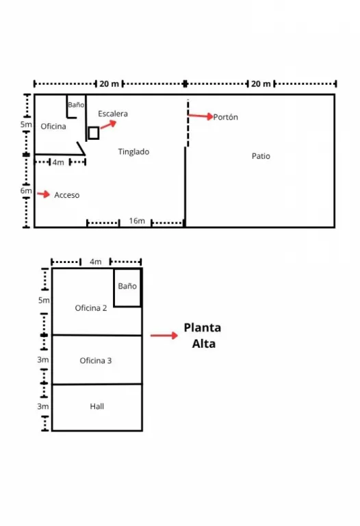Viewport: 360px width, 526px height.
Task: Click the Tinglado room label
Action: (133, 152)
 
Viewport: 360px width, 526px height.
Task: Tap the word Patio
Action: (261, 156)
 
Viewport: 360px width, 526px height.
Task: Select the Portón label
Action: (226, 117)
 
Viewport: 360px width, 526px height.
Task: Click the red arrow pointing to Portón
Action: (201, 116)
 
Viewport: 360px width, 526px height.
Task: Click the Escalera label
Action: (113, 114)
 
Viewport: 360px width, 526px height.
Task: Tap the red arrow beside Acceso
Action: (43, 194)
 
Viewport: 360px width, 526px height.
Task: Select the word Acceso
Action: (66, 195)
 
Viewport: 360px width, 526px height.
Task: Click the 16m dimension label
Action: (137, 221)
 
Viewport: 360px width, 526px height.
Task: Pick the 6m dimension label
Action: (26, 190)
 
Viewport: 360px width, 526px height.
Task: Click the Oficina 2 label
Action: (91, 308)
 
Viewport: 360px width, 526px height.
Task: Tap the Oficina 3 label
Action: (96, 361)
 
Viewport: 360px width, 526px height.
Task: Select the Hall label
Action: (97, 406)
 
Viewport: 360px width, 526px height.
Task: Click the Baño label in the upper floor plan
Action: (127, 286)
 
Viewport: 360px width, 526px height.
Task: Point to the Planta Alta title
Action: (203, 336)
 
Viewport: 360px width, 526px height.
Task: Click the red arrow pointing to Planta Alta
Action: (164, 336)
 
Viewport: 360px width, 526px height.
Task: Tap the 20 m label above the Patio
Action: (261, 84)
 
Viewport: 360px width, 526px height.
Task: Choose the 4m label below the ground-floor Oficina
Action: (58, 162)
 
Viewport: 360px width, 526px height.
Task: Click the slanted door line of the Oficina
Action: (81, 148)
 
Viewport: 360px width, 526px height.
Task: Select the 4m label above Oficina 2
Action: (96, 262)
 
